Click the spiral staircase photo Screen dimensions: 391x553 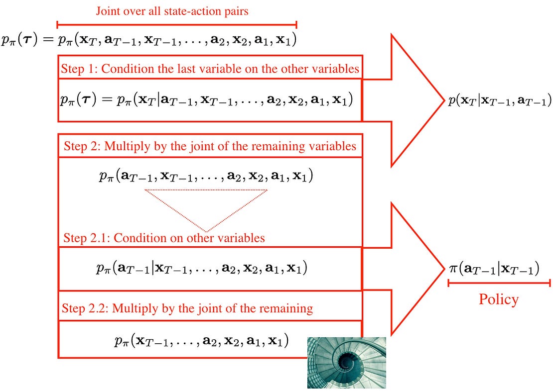point(346,362)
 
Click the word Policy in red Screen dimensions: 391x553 point(498,299)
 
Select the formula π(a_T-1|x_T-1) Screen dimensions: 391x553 point(494,269)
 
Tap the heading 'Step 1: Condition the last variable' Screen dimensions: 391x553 point(210,69)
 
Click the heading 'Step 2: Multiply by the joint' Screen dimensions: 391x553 point(210,146)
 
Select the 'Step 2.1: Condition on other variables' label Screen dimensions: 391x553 point(164,238)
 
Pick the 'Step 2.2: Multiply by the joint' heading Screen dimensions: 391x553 point(187,308)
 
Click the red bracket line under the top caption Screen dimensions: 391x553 point(177,23)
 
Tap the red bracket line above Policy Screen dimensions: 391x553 point(499,283)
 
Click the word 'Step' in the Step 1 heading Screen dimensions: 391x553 point(72,69)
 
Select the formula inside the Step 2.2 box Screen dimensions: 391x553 point(201,341)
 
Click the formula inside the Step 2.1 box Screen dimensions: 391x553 point(201,268)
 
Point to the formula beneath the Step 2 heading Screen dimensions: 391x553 point(206,176)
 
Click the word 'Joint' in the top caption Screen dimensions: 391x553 point(108,11)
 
